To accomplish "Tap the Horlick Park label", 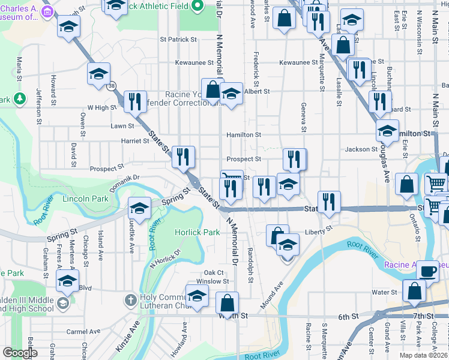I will coord(197,232).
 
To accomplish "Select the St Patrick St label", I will coord(178,40).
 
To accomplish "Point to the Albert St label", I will coord(258,92).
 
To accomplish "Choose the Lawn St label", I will coord(122,126).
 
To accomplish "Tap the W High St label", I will coord(101,107).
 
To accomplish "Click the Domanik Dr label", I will coord(124,178).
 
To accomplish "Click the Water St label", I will coord(382,293).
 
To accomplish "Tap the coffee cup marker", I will coord(427,271).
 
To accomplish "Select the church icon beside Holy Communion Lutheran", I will coord(130,299).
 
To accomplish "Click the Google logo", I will coord(20,353).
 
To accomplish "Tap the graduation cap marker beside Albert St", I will coord(231,94).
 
